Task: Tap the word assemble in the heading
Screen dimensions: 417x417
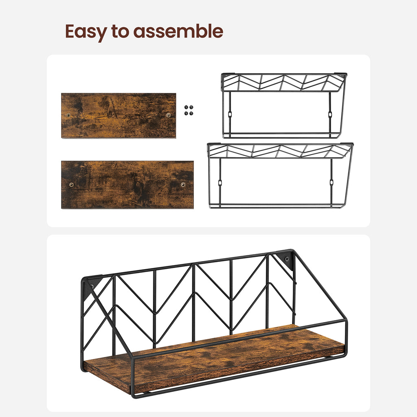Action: [178, 31]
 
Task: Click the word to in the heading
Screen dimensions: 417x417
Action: [120, 31]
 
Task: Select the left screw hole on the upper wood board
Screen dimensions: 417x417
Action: [68, 115]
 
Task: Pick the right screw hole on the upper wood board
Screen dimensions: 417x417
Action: [168, 115]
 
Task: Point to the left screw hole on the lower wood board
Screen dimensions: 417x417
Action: [71, 184]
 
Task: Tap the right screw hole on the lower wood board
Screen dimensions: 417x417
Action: [183, 184]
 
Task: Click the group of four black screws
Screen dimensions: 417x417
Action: [189, 110]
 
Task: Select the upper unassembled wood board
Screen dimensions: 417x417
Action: [119, 115]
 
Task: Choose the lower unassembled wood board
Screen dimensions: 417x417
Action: [127, 184]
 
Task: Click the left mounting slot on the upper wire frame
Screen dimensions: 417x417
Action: [230, 114]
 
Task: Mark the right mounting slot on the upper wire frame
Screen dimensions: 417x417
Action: [330, 115]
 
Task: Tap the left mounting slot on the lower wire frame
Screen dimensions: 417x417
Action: [219, 183]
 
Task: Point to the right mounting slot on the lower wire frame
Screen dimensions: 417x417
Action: [331, 182]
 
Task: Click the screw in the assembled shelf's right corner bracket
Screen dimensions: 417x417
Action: [287, 259]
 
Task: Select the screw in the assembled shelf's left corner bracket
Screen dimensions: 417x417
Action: [92, 286]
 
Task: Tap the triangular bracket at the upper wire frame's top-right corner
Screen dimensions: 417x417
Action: [340, 76]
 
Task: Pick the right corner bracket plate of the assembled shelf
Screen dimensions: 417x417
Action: [287, 259]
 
